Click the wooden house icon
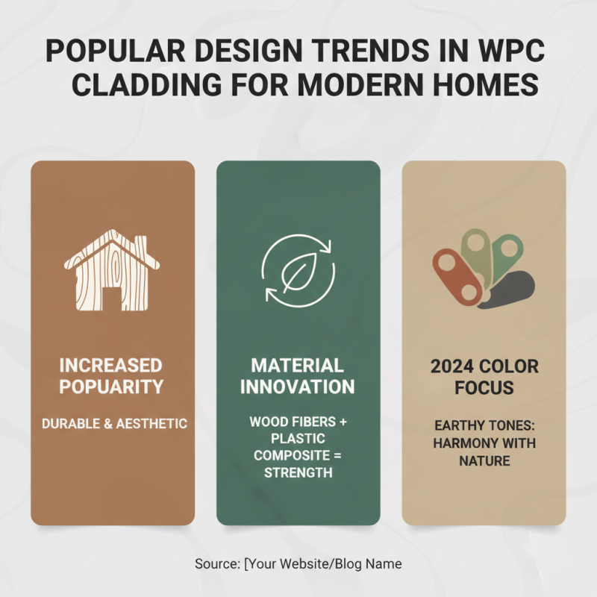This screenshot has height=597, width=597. tap(111, 269)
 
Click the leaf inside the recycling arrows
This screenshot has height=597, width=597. tap(298, 269)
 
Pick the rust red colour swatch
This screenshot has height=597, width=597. tap(457, 277)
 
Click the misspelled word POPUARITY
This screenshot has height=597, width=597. tap(112, 387)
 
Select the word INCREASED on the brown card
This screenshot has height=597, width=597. tap(112, 366)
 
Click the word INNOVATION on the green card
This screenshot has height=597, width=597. tap(298, 387)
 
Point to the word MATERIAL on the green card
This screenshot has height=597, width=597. tap(298, 366)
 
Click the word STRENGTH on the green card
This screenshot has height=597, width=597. tap(298, 473)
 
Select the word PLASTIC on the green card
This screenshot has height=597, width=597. tap(298, 439)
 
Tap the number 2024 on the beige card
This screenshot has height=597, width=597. tap(452, 367)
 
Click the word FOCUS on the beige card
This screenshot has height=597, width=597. tap(484, 388)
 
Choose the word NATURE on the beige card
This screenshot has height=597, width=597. tap(484, 461)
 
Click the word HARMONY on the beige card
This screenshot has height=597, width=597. tap(460, 444)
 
